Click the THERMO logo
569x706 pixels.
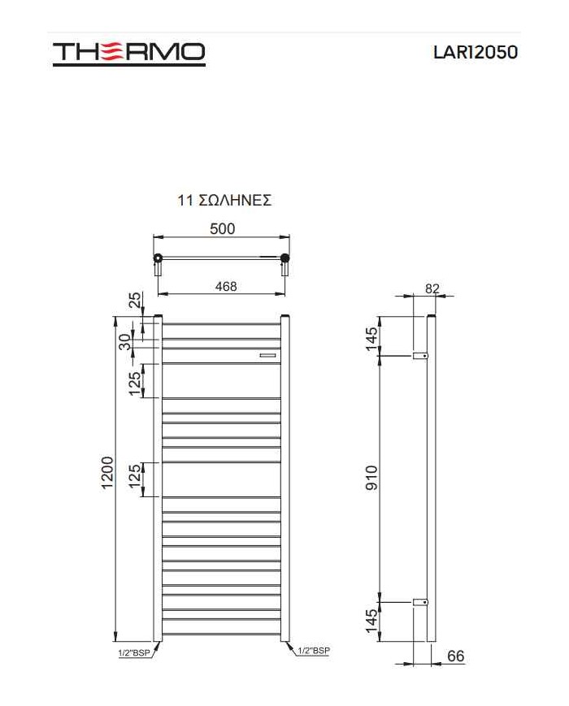pyautogui.click(x=128, y=53)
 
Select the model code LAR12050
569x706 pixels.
pyautogui.click(x=476, y=52)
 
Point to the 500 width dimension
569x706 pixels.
pyautogui.click(x=222, y=229)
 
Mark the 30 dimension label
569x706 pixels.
pyautogui.click(x=124, y=342)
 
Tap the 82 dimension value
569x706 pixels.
pyautogui.click(x=432, y=288)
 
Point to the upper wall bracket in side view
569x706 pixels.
pyautogui.click(x=420, y=356)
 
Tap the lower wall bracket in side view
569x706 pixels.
pyautogui.click(x=420, y=602)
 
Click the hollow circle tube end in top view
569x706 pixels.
pyautogui.click(x=157, y=259)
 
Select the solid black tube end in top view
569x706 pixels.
pyautogui.click(x=284, y=259)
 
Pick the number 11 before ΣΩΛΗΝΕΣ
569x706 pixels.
pyautogui.click(x=185, y=201)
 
